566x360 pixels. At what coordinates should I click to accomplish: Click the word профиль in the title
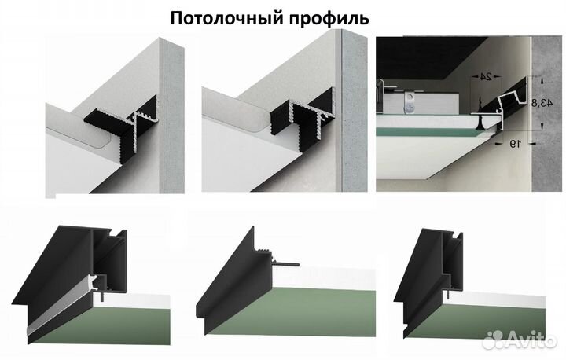(331, 17)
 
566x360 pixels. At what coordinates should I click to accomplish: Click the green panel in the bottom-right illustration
(487, 310)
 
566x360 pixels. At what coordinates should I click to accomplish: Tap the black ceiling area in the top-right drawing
(424, 55)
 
